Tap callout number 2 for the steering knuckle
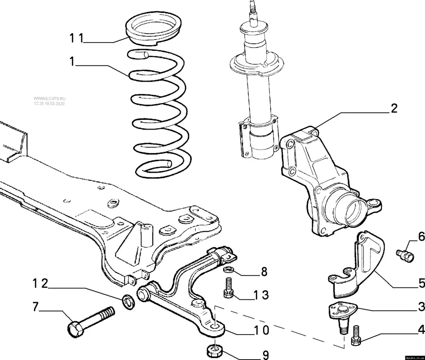394,108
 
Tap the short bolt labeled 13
228,287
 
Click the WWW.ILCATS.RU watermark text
50,97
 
